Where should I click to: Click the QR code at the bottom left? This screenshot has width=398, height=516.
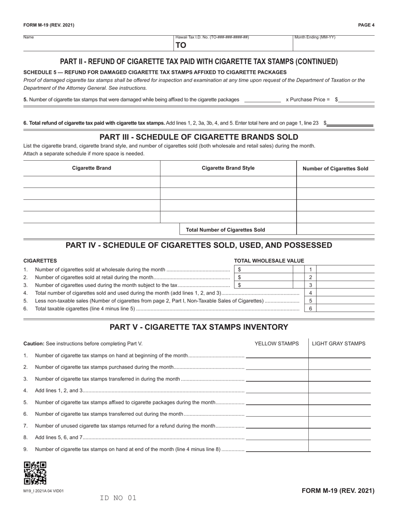coord(35,473)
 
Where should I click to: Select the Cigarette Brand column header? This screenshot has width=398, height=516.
coord(91,168)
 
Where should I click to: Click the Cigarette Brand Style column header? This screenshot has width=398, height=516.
coord(228,168)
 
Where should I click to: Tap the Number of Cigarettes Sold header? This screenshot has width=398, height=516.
coord(335,169)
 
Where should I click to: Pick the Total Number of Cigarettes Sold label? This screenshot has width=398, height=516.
coord(225,229)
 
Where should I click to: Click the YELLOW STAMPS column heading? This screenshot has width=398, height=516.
coord(277,344)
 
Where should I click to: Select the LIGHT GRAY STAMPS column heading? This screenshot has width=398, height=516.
coord(339,344)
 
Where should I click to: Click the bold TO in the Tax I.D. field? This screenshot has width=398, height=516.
coord(181,45)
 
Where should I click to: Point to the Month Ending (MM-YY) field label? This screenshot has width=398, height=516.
coord(315,37)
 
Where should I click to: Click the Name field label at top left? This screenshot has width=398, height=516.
coord(28,37)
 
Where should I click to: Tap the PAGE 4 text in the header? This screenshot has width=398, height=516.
coord(366,25)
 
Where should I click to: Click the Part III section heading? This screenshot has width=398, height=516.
coord(199,137)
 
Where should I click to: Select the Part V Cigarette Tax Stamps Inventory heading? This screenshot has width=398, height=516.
coord(199,327)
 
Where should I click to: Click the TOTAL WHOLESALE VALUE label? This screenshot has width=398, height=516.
coord(269,261)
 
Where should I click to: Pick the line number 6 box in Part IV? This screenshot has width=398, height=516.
coord(310,308)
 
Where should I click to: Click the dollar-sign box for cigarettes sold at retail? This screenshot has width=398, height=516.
coord(263,277)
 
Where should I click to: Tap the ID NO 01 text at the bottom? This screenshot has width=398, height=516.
coord(118,498)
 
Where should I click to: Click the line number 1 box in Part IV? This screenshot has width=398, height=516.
coord(310,269)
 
